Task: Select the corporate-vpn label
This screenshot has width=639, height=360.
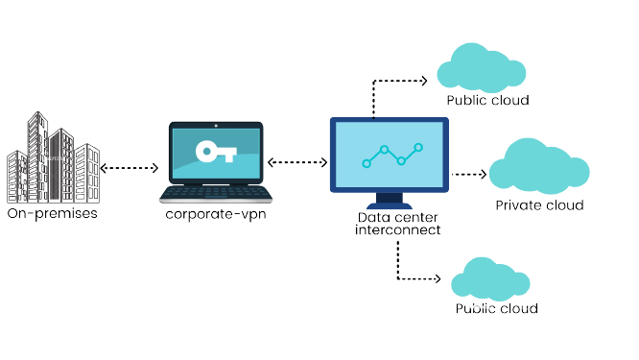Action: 215,214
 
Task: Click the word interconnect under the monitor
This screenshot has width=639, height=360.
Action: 397,231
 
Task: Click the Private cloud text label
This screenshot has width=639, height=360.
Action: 538,205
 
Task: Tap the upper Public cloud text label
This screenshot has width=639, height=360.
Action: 487,100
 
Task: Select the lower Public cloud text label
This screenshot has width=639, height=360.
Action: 496,309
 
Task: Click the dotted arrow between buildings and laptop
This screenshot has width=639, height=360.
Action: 129,168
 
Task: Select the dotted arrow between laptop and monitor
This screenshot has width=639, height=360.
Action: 296,162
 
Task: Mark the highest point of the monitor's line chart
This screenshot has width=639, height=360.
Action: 418,147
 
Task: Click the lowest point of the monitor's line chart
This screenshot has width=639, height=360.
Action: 367,164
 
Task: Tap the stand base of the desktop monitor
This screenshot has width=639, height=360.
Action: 389,204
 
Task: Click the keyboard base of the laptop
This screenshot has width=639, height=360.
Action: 215,194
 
